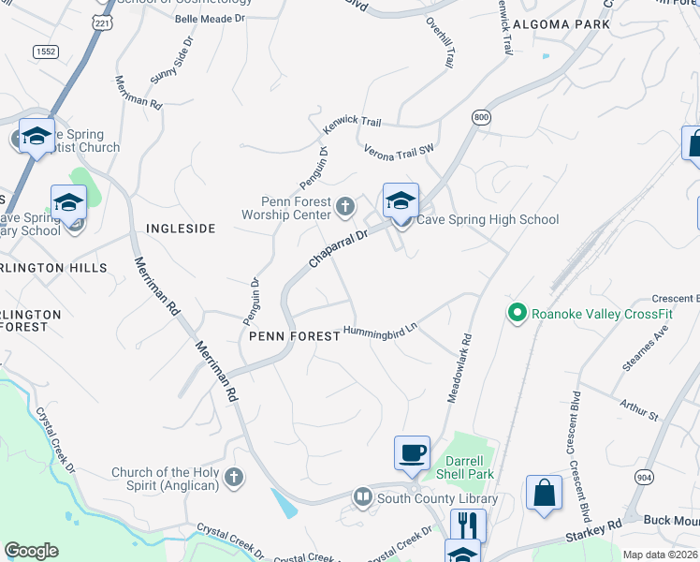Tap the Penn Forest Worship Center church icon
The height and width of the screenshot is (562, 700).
[345, 205]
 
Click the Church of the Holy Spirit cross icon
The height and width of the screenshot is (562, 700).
[233, 479]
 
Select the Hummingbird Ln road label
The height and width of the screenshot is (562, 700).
[379, 332]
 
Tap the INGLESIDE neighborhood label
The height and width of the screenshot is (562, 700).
[181, 229]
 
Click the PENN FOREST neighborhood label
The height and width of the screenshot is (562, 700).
[294, 335]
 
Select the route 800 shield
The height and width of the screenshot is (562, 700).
[481, 117]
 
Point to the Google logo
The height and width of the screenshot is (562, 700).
[31, 551]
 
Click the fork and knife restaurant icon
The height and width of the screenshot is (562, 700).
[467, 526]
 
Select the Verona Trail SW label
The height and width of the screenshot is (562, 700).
[400, 149]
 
